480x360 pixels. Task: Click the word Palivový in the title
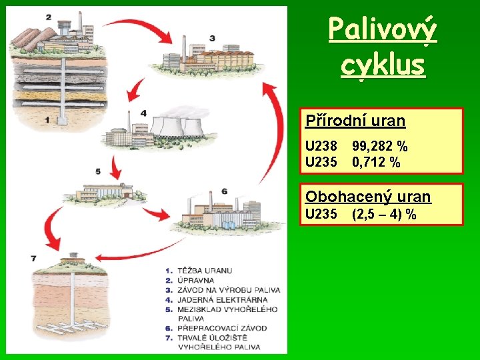coord(383,30)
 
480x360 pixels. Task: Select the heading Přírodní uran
coord(355,121)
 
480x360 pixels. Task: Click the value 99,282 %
coord(380,146)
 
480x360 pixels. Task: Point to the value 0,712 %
coord(376,162)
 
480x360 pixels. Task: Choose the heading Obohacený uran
coord(368,197)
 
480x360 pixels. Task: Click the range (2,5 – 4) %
coord(384,214)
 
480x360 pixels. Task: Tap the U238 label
coord(321,146)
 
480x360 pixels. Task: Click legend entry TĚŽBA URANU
coord(205,271)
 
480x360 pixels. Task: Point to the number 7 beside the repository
coord(33,258)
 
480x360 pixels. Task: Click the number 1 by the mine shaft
coord(47,120)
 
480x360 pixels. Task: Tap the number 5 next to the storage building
coord(98,171)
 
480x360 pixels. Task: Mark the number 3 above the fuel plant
coord(212,38)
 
